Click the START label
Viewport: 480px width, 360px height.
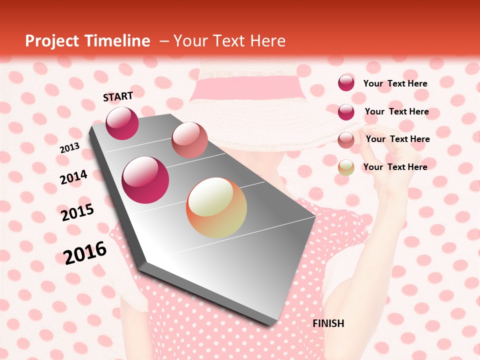pyautogui.click(x=118, y=96)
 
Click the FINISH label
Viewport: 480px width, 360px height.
pyautogui.click(x=328, y=323)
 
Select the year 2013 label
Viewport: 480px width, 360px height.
pyautogui.click(x=69, y=148)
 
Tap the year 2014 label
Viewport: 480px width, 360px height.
pyautogui.click(x=73, y=177)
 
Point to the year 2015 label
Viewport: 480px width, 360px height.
pyautogui.click(x=77, y=212)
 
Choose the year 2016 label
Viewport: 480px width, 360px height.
pyautogui.click(x=85, y=252)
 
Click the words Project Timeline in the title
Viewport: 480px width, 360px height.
pyautogui.click(x=87, y=41)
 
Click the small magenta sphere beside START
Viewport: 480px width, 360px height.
pyautogui.click(x=122, y=123)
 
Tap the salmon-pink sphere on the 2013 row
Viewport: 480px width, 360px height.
pyautogui.click(x=189, y=139)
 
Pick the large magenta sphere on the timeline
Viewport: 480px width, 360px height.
pyautogui.click(x=145, y=180)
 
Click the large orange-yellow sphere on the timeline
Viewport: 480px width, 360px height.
pyautogui.click(x=216, y=207)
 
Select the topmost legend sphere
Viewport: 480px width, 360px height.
pyautogui.click(x=346, y=83)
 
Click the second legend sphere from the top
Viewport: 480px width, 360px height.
pyautogui.click(x=346, y=112)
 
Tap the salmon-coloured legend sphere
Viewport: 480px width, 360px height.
pyautogui.click(x=346, y=140)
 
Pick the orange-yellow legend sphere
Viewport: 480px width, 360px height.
pyautogui.click(x=346, y=167)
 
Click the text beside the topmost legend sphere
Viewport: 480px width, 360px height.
pyautogui.click(x=395, y=83)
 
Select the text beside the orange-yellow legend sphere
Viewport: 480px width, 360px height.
pyautogui.click(x=395, y=167)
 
